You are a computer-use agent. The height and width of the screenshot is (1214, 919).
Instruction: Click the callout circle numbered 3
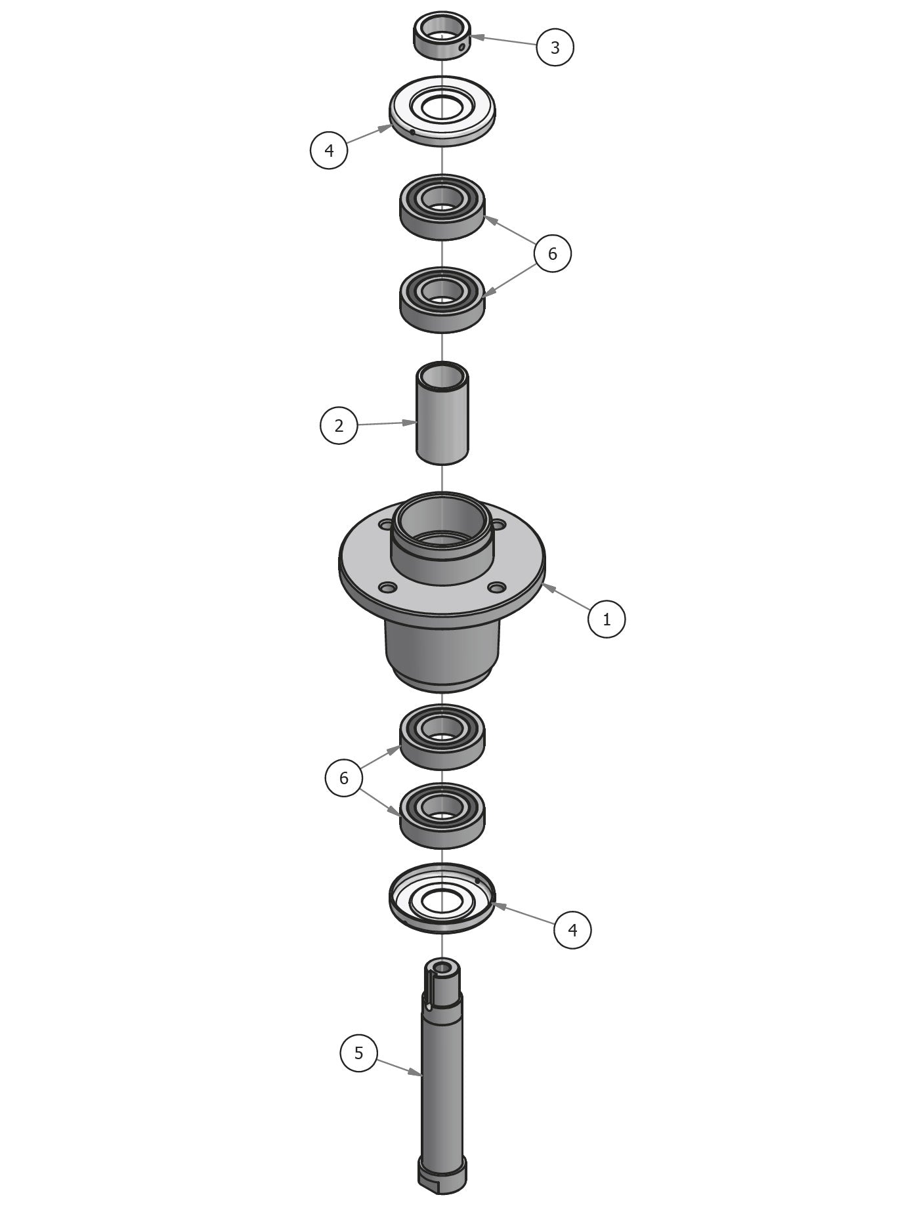pyautogui.click(x=555, y=47)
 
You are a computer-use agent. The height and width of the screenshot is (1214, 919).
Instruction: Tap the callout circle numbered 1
pyautogui.click(x=607, y=619)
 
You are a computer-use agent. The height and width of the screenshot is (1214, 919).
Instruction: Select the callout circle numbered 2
pyautogui.click(x=339, y=425)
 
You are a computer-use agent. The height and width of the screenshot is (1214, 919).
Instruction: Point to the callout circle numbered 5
pyautogui.click(x=358, y=1053)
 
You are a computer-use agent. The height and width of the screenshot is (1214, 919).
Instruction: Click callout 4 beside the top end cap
pyautogui.click(x=329, y=150)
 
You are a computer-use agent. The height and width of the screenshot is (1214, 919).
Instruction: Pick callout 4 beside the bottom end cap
pyautogui.click(x=572, y=929)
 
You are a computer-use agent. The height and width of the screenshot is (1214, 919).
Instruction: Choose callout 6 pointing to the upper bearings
pyautogui.click(x=552, y=253)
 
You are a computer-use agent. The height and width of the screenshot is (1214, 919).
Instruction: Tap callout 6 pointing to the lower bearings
pyautogui.click(x=343, y=778)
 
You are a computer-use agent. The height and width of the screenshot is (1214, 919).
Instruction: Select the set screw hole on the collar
pyautogui.click(x=462, y=47)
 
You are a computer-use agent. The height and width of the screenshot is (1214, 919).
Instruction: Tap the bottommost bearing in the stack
pyautogui.click(x=442, y=814)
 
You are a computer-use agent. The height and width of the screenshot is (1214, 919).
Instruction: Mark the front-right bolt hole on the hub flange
pyautogui.click(x=498, y=586)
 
